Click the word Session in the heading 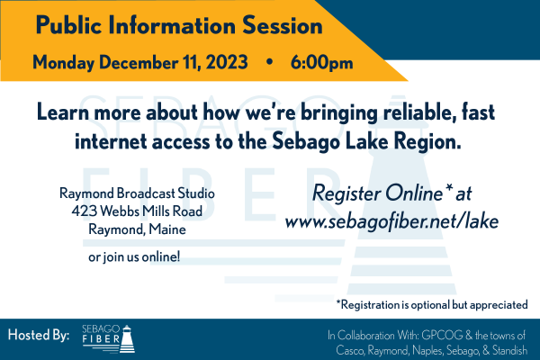[x=283, y=25]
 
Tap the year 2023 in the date [x=227, y=62]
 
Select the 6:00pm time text [x=321, y=63]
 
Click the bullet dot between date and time [x=270, y=62]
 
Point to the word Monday [x=63, y=63]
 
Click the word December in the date [x=139, y=62]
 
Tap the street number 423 [x=84, y=211]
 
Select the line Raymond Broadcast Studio [x=137, y=193]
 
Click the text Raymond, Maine [x=137, y=229]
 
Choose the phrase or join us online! [x=134, y=256]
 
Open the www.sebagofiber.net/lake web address [x=391, y=221]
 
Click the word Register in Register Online [x=346, y=193]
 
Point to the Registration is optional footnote [x=432, y=305]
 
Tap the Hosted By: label [x=39, y=335]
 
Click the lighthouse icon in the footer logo [x=127, y=338]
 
